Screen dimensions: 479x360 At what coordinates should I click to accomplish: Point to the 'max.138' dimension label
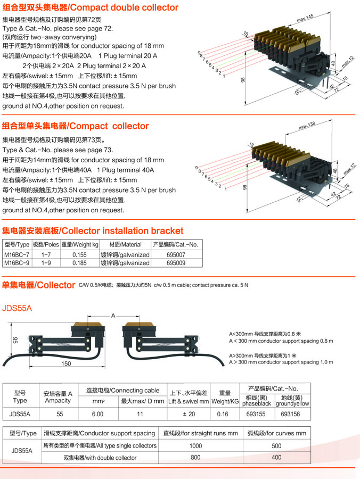[307, 125]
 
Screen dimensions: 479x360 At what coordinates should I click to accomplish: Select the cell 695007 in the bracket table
[176, 255]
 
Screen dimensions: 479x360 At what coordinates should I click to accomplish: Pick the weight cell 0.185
[79, 263]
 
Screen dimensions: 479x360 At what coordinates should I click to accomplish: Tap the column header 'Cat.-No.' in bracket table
[176, 245]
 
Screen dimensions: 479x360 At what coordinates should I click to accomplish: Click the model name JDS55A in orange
[18, 308]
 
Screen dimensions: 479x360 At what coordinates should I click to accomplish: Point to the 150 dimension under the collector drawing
[66, 364]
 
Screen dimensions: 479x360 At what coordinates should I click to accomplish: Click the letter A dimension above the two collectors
[112, 316]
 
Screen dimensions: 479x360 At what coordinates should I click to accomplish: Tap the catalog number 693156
[292, 413]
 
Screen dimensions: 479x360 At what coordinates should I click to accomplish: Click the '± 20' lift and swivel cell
[189, 413]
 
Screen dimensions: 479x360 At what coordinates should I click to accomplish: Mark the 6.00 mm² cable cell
[97, 413]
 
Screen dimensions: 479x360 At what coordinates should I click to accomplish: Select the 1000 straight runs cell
[196, 446]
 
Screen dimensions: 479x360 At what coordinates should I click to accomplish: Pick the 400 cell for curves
[276, 458]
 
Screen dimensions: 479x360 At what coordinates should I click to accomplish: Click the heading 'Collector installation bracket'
[93, 231]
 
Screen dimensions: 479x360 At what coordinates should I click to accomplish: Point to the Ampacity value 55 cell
[59, 413]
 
